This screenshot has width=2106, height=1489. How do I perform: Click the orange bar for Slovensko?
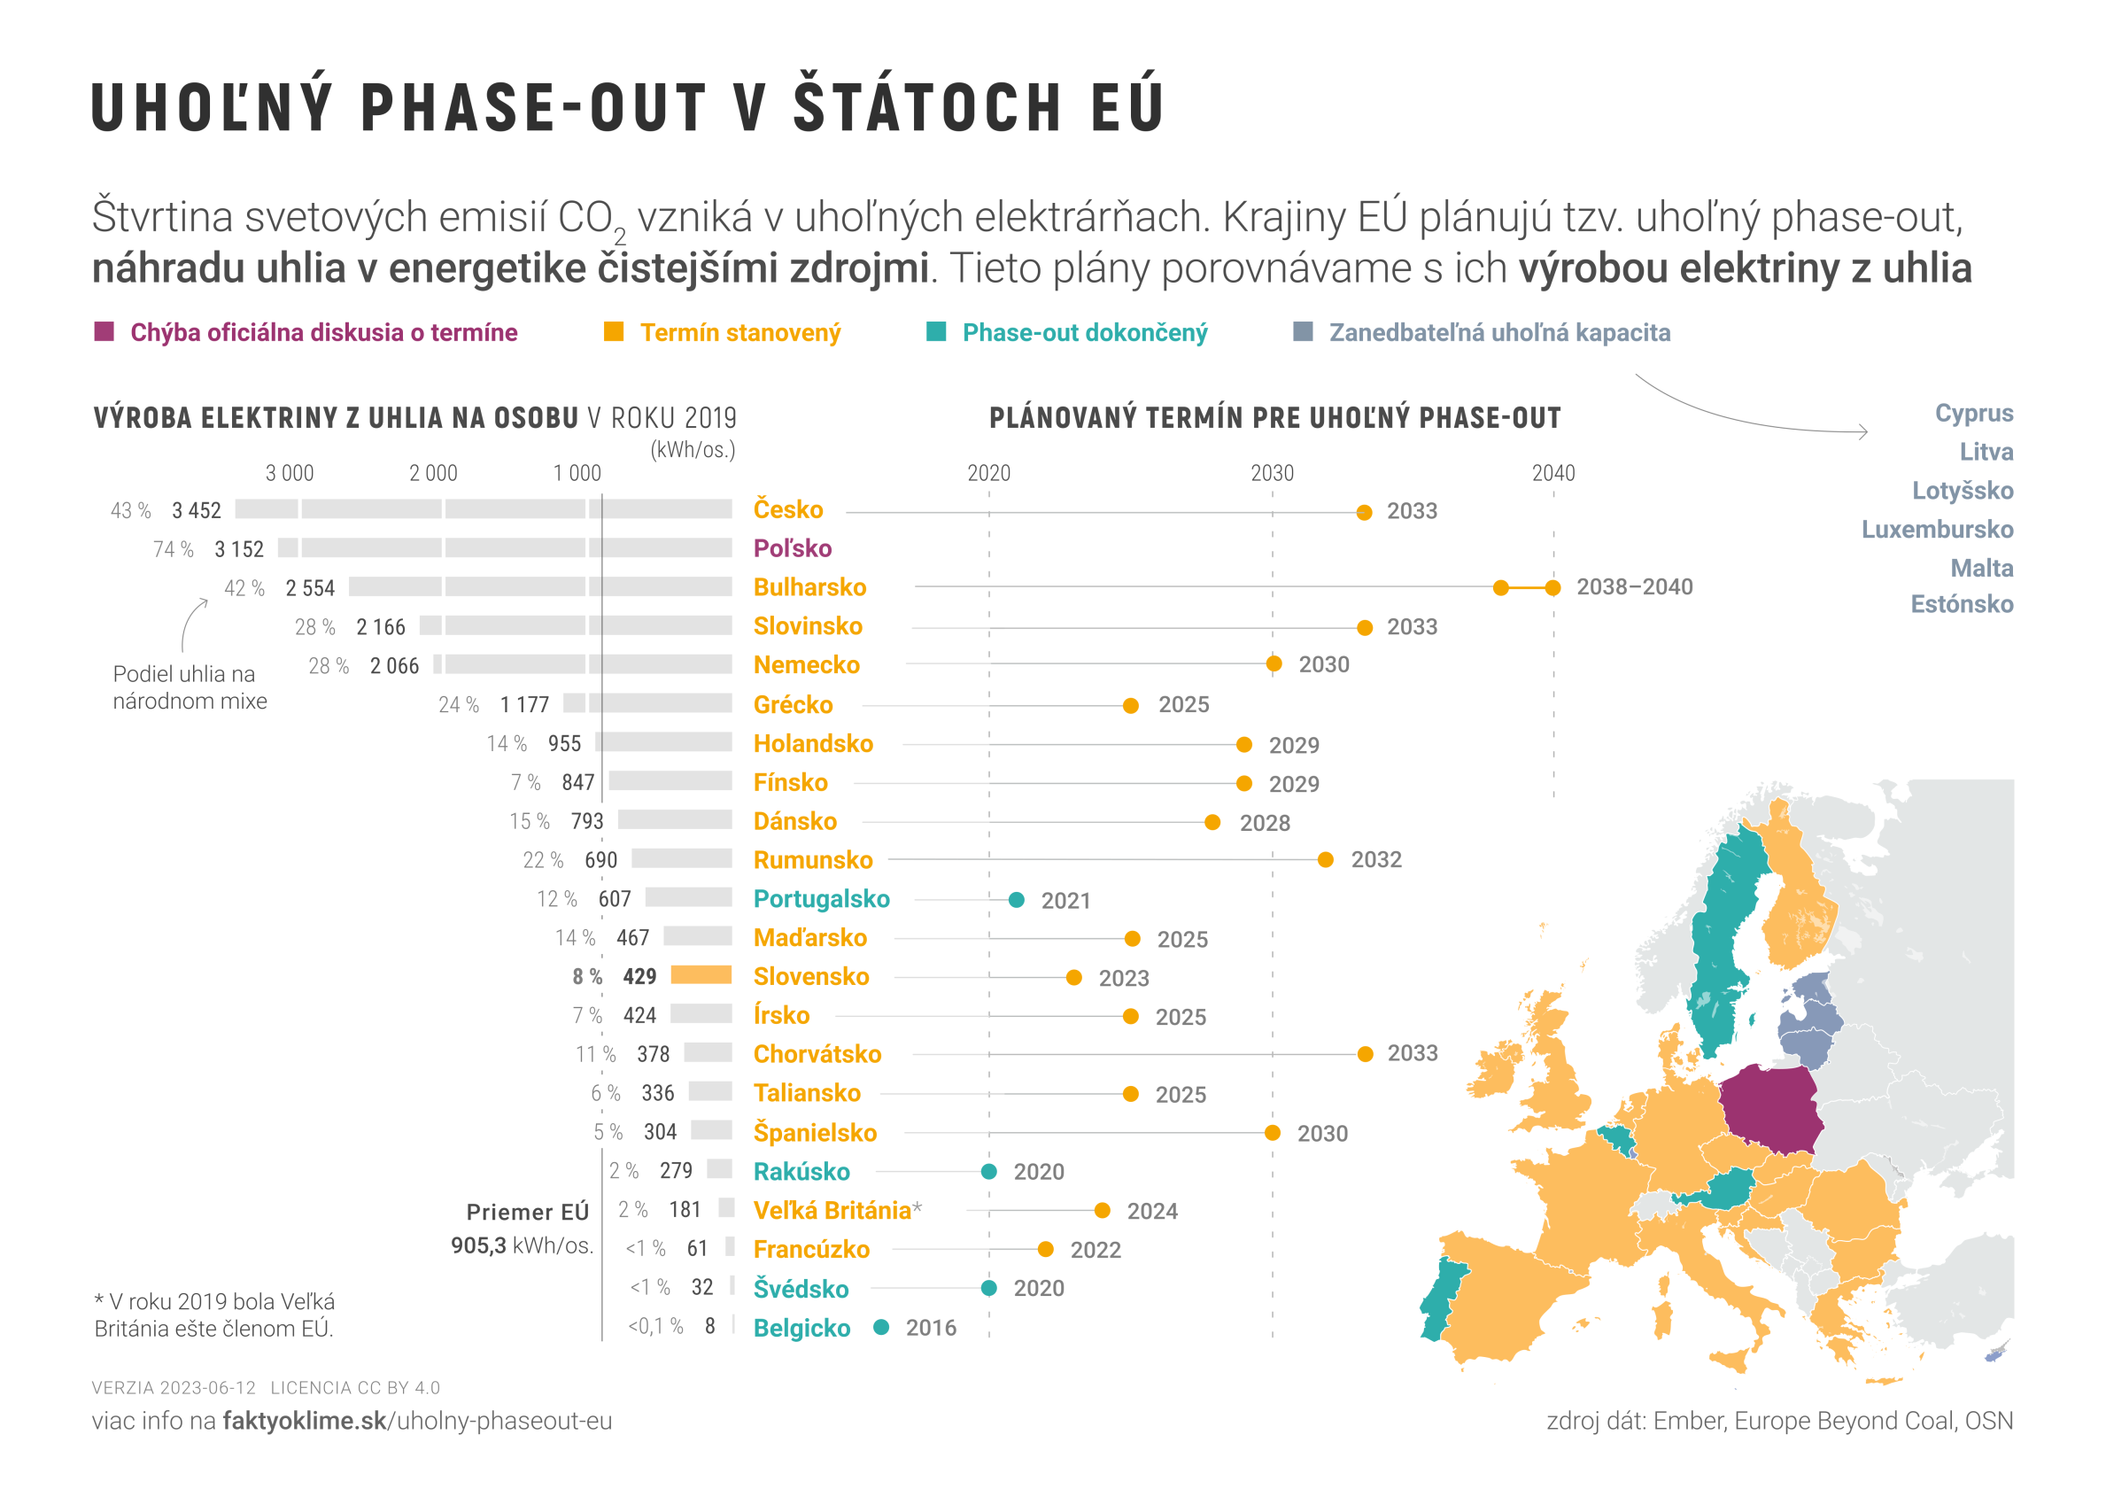coord(701,975)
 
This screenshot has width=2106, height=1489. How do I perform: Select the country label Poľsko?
coord(793,548)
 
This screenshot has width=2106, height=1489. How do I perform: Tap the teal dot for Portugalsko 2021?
coord(1017,900)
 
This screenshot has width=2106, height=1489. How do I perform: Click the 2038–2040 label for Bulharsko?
coord(1635,587)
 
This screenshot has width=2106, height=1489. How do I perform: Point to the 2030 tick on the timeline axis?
coord(1273,473)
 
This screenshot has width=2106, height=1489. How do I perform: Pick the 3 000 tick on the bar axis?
coord(289,473)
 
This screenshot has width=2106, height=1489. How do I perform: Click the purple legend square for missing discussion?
coord(105,332)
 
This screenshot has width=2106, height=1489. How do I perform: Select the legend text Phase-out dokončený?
coord(1084,333)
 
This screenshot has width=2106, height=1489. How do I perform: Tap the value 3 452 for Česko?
coord(197,511)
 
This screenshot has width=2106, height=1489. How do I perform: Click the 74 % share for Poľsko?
coord(174,549)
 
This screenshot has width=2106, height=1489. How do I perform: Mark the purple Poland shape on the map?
coord(1770,1111)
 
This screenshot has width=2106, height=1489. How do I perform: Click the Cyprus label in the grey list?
coord(1974,414)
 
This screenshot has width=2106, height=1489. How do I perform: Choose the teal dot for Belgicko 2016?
coord(881,1327)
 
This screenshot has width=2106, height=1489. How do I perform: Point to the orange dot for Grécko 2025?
coord(1131,705)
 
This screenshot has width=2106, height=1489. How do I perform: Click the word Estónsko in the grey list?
coord(1962,605)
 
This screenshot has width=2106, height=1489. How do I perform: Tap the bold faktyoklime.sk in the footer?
coord(305,1421)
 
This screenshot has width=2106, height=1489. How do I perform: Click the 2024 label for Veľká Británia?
coord(1152,1212)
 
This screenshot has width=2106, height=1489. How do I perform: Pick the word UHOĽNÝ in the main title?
coord(212,108)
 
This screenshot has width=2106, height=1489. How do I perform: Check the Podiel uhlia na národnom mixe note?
coord(190,687)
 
